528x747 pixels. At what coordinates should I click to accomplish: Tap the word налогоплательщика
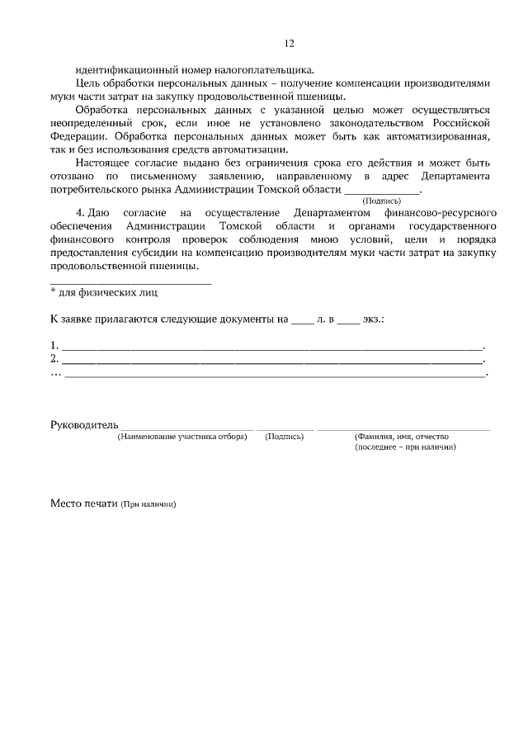pyautogui.click(x=268, y=70)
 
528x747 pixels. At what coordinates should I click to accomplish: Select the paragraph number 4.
pyautogui.click(x=81, y=212)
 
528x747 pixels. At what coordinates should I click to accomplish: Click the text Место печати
pyautogui.click(x=84, y=502)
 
